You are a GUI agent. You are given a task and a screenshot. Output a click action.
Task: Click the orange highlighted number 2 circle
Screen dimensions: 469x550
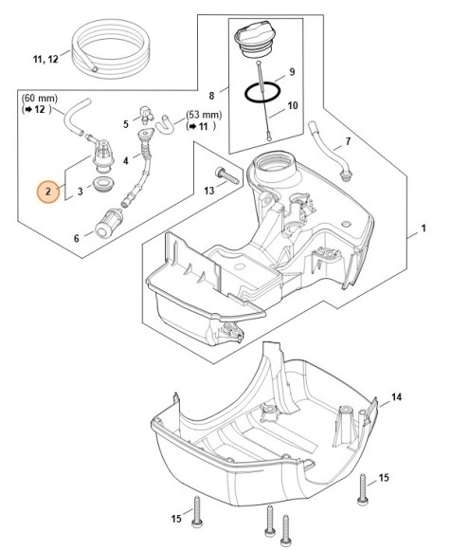point(48,192)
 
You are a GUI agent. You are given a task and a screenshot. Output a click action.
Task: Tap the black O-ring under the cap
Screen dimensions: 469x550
point(262,92)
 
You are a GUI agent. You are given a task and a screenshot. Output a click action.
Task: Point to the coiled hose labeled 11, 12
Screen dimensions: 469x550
point(111,47)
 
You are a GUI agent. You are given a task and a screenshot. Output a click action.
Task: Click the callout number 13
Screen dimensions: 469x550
point(208,191)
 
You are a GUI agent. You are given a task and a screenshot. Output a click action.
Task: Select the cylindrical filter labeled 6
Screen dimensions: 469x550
point(108,224)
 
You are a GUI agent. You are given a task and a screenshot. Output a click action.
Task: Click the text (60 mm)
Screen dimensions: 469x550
point(40,99)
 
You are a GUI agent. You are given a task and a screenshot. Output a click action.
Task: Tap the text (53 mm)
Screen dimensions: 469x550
point(204,115)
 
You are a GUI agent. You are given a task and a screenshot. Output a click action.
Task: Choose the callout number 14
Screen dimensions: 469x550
point(396,397)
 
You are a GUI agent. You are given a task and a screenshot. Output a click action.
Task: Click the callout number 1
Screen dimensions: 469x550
point(424,229)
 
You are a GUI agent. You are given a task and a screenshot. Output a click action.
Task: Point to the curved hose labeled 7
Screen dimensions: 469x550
point(330,151)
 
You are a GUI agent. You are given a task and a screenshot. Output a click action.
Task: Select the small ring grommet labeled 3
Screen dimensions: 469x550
point(102,184)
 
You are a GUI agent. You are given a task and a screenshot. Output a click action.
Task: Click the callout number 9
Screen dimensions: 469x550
point(292,72)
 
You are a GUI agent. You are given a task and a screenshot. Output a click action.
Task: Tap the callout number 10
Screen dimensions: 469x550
point(293,105)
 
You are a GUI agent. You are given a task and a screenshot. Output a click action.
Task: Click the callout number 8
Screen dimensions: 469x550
point(211,96)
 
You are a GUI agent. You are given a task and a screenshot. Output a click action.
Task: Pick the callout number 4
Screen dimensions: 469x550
point(126,161)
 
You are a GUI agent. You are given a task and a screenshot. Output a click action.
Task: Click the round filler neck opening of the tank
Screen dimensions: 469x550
point(274,163)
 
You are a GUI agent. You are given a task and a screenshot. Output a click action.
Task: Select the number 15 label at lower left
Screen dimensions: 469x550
point(176,518)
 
